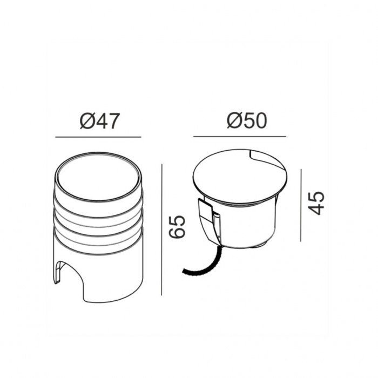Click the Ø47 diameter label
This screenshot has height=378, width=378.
click(x=99, y=122)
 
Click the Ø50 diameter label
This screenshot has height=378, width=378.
click(x=247, y=121)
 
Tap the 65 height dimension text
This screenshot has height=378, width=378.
click(x=178, y=227)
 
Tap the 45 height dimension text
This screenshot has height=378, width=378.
click(x=317, y=202)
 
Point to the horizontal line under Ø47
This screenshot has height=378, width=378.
click(x=98, y=137)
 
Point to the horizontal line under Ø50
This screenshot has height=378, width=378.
click(x=247, y=136)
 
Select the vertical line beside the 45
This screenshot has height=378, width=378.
click(x=301, y=205)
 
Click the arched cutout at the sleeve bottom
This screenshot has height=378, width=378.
click(x=69, y=275)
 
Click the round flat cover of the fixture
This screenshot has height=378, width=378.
click(x=238, y=175)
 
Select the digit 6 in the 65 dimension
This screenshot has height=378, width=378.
click(x=178, y=233)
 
